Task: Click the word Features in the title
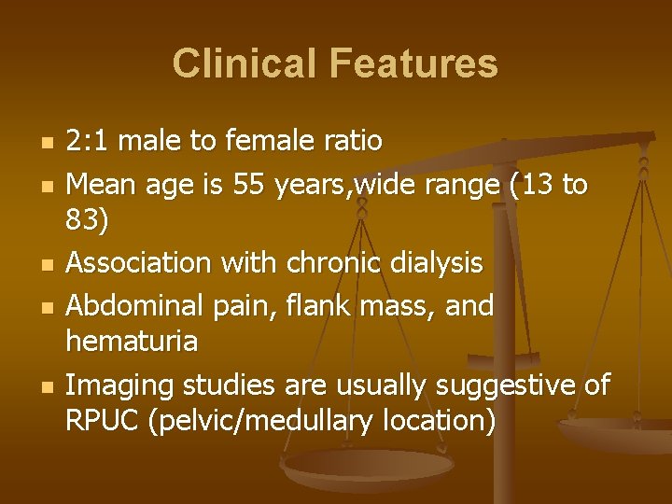coord(411,63)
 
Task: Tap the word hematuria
coord(132,342)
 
